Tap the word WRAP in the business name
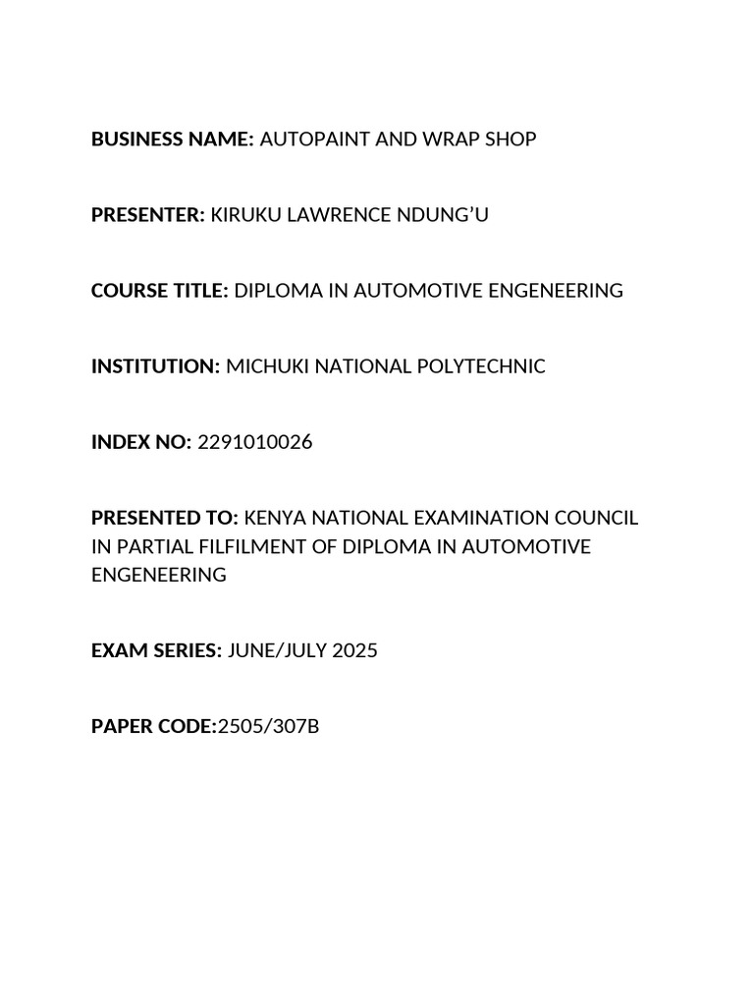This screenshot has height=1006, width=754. click(453, 140)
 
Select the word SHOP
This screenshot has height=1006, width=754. click(512, 140)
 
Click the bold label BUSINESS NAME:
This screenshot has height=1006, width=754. click(173, 140)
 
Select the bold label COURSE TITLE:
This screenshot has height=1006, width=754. click(160, 291)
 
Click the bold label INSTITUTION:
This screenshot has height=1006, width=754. click(156, 366)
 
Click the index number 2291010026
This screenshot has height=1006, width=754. click(255, 442)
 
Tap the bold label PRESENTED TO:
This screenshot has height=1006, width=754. click(165, 518)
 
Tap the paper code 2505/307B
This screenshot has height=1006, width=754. click(267, 727)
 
